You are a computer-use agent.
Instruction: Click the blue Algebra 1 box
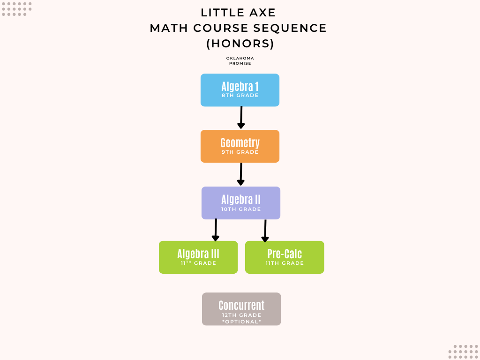coord(240,90)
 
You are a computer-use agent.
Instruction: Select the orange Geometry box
coord(240,146)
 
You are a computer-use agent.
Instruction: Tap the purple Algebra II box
coord(241,203)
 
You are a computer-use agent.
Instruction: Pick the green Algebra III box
coord(198,257)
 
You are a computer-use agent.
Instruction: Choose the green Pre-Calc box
coord(285,257)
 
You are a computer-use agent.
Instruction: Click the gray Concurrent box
coord(241,309)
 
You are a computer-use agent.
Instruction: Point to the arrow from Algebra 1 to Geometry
coord(241,118)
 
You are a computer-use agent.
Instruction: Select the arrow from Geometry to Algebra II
coord(241,174)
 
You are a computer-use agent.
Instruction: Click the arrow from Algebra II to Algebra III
coord(216,230)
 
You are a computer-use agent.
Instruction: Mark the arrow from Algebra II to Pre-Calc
coord(265,231)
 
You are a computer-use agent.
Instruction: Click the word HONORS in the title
coord(240,44)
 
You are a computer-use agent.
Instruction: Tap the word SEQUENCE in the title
coord(290,28)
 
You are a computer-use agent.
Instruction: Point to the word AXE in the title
coord(262,13)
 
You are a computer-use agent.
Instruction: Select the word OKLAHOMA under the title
coord(240,58)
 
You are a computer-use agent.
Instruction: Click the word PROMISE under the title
coord(240,63)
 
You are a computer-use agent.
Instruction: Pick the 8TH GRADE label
coord(240,96)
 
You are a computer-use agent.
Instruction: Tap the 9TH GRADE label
coord(240,152)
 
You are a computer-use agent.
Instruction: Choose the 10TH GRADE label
coord(241,210)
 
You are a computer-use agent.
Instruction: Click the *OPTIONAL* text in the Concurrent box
coord(241,322)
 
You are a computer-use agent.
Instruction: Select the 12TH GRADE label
coord(241,315)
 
